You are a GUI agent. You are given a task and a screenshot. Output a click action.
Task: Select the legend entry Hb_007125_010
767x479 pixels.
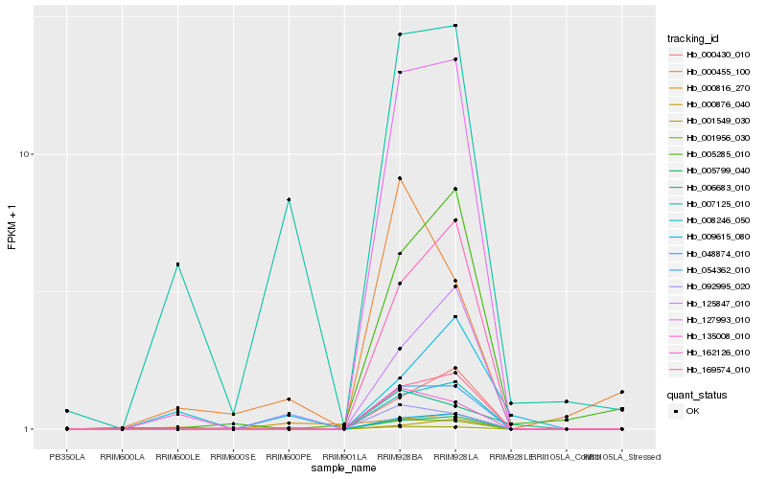pyautogui.click(x=710, y=204)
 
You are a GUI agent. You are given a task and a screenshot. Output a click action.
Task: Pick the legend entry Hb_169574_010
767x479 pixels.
pyautogui.click(x=710, y=369)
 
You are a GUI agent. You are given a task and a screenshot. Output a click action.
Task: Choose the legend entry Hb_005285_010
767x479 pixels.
pyautogui.click(x=710, y=154)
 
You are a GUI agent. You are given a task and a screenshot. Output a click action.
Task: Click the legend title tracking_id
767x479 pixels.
pyautogui.click(x=693, y=38)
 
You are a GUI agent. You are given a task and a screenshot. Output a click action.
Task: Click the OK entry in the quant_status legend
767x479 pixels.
pyautogui.click(x=693, y=410)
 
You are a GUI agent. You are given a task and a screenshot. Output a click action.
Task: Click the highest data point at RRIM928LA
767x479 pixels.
pyautogui.click(x=455, y=25)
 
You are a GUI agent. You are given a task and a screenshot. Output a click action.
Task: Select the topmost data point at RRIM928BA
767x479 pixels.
pyautogui.click(x=400, y=34)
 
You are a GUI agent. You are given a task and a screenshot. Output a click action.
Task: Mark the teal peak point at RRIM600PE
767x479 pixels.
pyautogui.click(x=289, y=199)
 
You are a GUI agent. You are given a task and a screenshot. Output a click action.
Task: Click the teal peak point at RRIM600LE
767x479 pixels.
pyautogui.click(x=177, y=264)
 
